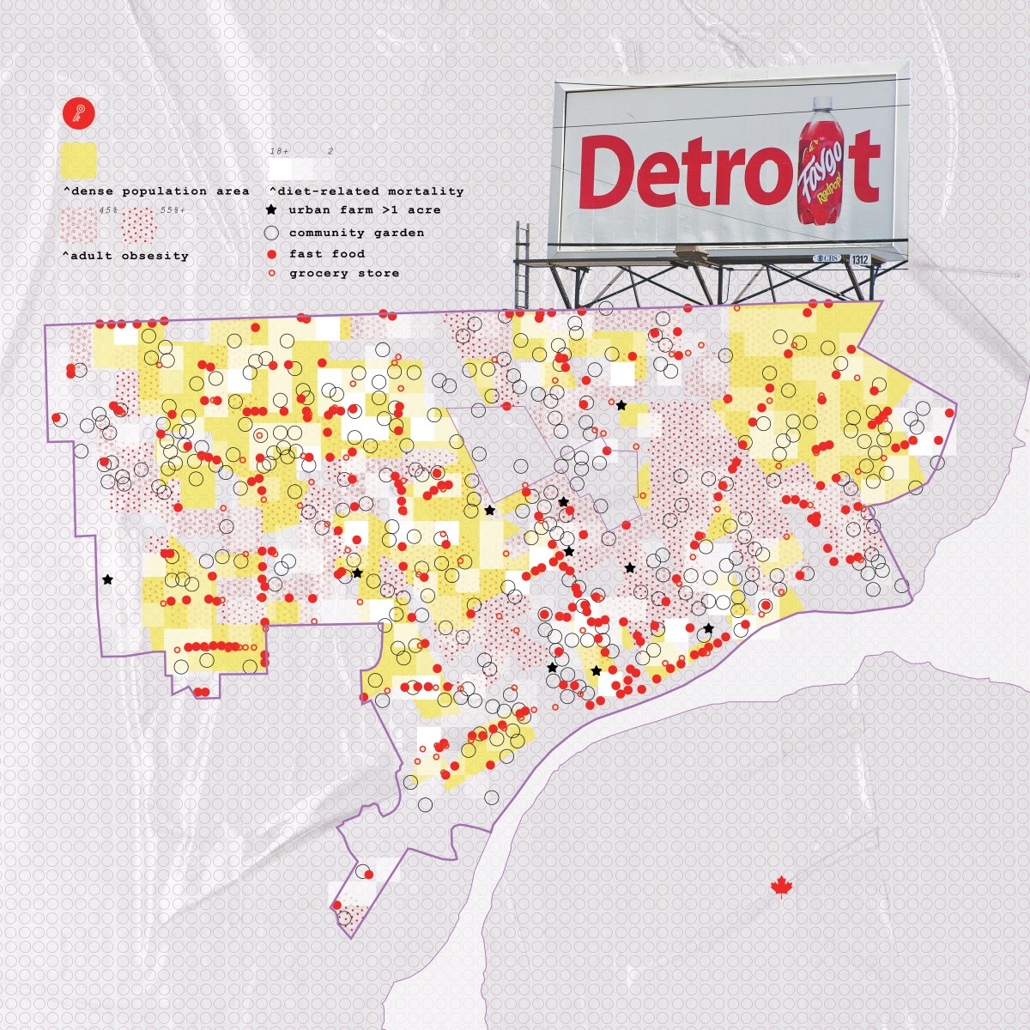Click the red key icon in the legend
(78, 114)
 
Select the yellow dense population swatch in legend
(78, 160)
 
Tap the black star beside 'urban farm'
(272, 209)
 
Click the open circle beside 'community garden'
(272, 233)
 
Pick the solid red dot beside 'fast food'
(272, 254)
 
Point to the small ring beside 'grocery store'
(272, 274)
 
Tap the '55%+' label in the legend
(172, 209)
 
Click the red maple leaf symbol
(780, 887)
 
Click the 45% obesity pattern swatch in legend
(79, 226)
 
